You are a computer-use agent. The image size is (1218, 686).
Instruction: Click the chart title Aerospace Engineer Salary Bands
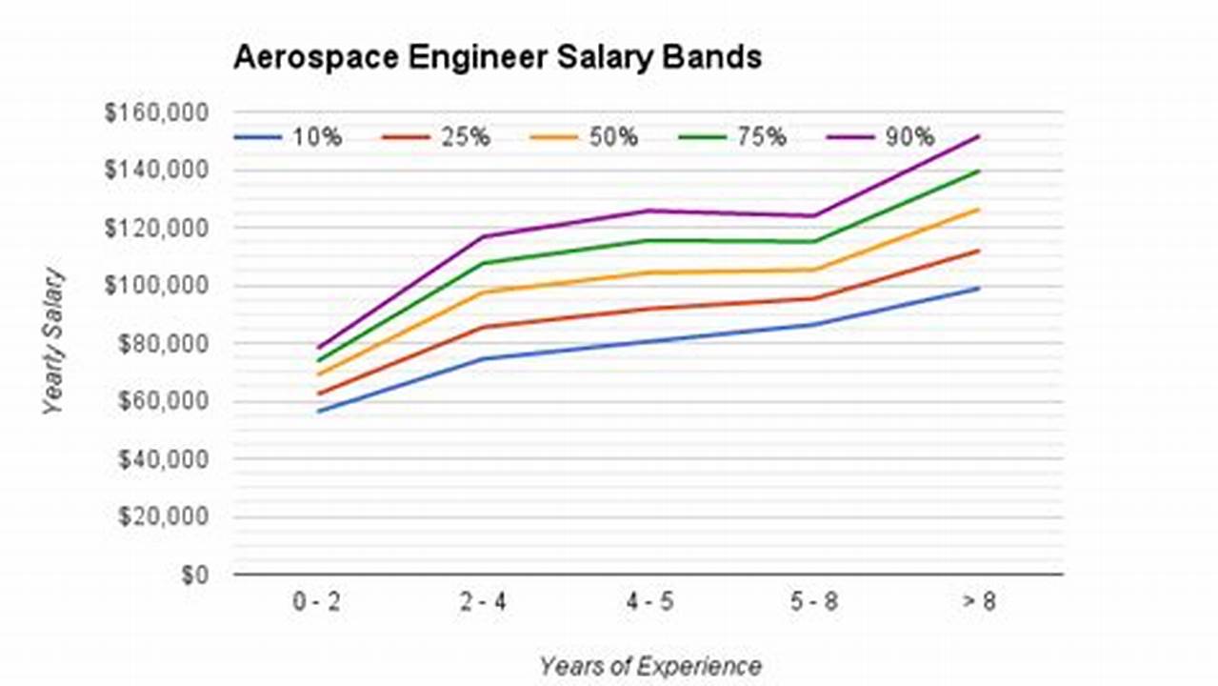click(x=497, y=57)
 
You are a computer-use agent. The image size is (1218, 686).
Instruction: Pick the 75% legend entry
click(x=732, y=137)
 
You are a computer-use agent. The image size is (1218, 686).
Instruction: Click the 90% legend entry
click(x=881, y=137)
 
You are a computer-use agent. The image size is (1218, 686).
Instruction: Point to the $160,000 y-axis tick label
click(x=157, y=112)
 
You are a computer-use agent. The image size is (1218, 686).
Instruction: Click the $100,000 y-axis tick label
click(x=157, y=286)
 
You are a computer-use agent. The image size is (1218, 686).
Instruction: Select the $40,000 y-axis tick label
click(x=162, y=459)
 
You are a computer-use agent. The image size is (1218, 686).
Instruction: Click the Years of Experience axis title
click(x=649, y=666)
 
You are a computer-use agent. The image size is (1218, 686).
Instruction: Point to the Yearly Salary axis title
click(x=54, y=341)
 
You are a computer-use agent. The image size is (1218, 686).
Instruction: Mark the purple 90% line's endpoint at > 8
click(x=978, y=136)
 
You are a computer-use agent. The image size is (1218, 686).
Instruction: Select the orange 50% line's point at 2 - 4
click(x=485, y=292)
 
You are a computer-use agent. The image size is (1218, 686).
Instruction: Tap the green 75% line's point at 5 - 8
click(x=814, y=241)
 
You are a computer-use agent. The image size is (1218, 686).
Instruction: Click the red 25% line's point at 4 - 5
click(x=649, y=309)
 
